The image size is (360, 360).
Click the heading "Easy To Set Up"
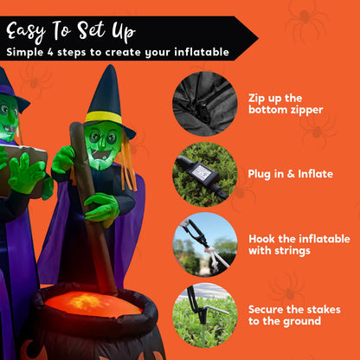coord(71,32)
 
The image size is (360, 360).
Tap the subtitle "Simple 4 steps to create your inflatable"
coord(117,52)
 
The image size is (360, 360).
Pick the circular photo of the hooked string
coord(205,243)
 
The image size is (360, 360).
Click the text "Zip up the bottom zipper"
coord(286,104)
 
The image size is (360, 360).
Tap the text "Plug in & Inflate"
coord(291,174)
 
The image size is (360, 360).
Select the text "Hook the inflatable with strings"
coord(299,245)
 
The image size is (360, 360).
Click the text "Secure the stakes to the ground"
coord(294,315)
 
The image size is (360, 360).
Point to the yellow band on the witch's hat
coord(102,119)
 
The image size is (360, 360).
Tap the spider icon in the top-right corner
coord(307,17)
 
